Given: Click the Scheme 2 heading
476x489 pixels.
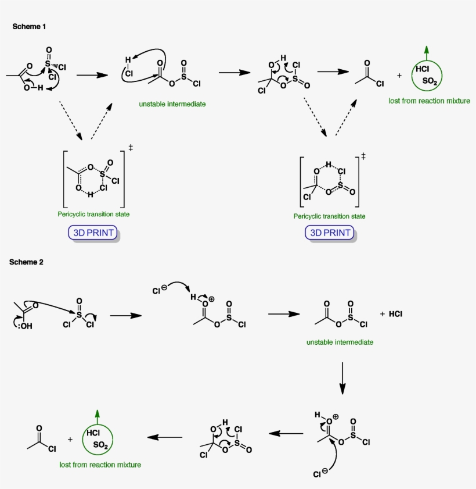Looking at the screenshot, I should [26, 262].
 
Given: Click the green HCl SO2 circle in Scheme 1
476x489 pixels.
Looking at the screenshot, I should [427, 76].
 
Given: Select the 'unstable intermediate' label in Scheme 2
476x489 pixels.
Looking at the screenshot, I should [340, 342].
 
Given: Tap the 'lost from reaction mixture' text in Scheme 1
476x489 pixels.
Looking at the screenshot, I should [429, 101].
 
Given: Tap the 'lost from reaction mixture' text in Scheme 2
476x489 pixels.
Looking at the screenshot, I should [100, 465].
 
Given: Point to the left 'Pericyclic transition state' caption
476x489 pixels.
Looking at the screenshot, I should [93, 214].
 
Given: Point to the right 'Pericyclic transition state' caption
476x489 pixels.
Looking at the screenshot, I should [329, 216].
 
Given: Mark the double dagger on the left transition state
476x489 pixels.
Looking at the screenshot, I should [131, 149].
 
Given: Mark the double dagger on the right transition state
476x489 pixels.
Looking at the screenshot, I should [363, 156].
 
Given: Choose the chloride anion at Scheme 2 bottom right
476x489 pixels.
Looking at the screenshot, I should [319, 474].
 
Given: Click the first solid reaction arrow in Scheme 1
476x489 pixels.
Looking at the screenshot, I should [93, 75].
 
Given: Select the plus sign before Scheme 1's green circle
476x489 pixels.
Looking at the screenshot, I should [399, 76].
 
